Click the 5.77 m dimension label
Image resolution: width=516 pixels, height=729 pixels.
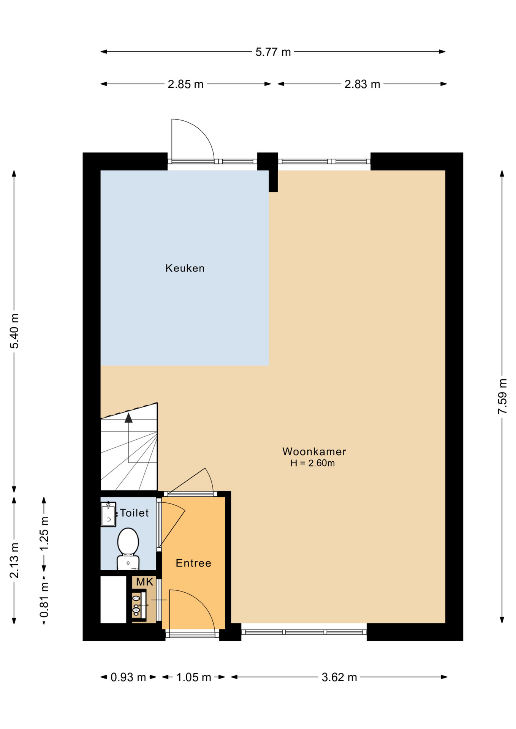coord(273,52)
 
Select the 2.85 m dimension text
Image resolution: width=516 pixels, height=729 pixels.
coord(185,84)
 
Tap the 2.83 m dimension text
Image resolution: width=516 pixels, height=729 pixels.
coord(362,84)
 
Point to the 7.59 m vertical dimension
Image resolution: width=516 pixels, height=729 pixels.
coord(502,396)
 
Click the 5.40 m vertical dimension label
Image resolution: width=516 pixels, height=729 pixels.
coord(14,331)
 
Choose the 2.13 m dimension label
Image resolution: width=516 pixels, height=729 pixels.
coord(14,560)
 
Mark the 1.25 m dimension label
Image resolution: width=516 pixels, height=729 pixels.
coord(44,533)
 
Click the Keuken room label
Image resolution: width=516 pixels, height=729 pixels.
coord(185,268)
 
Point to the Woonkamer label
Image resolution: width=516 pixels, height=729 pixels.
coord(314,451)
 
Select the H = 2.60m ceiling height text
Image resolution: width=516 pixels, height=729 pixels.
coord(312,463)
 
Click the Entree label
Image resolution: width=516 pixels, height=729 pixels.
coord(193,563)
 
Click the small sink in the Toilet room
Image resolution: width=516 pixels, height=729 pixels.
coord(108,514)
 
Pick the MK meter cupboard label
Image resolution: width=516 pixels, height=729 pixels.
coord(144,582)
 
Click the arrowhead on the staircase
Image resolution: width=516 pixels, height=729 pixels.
coord(128,418)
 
